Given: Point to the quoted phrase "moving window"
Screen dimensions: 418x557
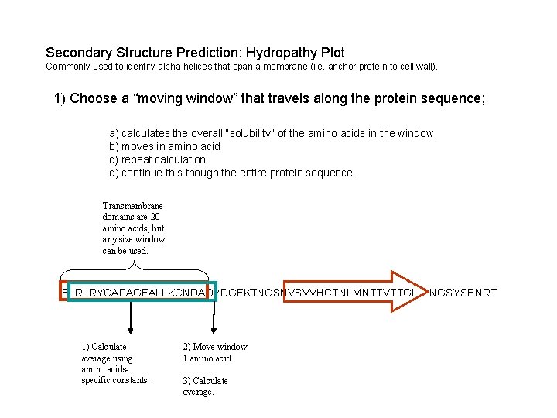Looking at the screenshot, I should [179, 99].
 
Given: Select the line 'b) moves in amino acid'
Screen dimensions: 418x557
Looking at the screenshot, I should [165, 146].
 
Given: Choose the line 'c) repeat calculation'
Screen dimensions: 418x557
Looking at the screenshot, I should [157, 159].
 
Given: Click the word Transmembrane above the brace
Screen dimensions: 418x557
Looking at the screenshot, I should [132, 206].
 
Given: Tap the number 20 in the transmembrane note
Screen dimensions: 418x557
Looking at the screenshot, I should [155, 217].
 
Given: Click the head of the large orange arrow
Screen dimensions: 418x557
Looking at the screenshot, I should [404, 292].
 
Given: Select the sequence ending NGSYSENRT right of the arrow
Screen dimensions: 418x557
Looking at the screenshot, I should [460, 293].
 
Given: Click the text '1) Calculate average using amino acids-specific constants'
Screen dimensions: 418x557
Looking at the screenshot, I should [115, 363].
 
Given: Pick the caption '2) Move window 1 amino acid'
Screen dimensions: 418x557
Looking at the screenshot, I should [214, 352].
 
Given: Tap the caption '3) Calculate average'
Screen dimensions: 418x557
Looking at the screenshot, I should [205, 385].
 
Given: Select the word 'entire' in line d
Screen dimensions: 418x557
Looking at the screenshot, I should [253, 173].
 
